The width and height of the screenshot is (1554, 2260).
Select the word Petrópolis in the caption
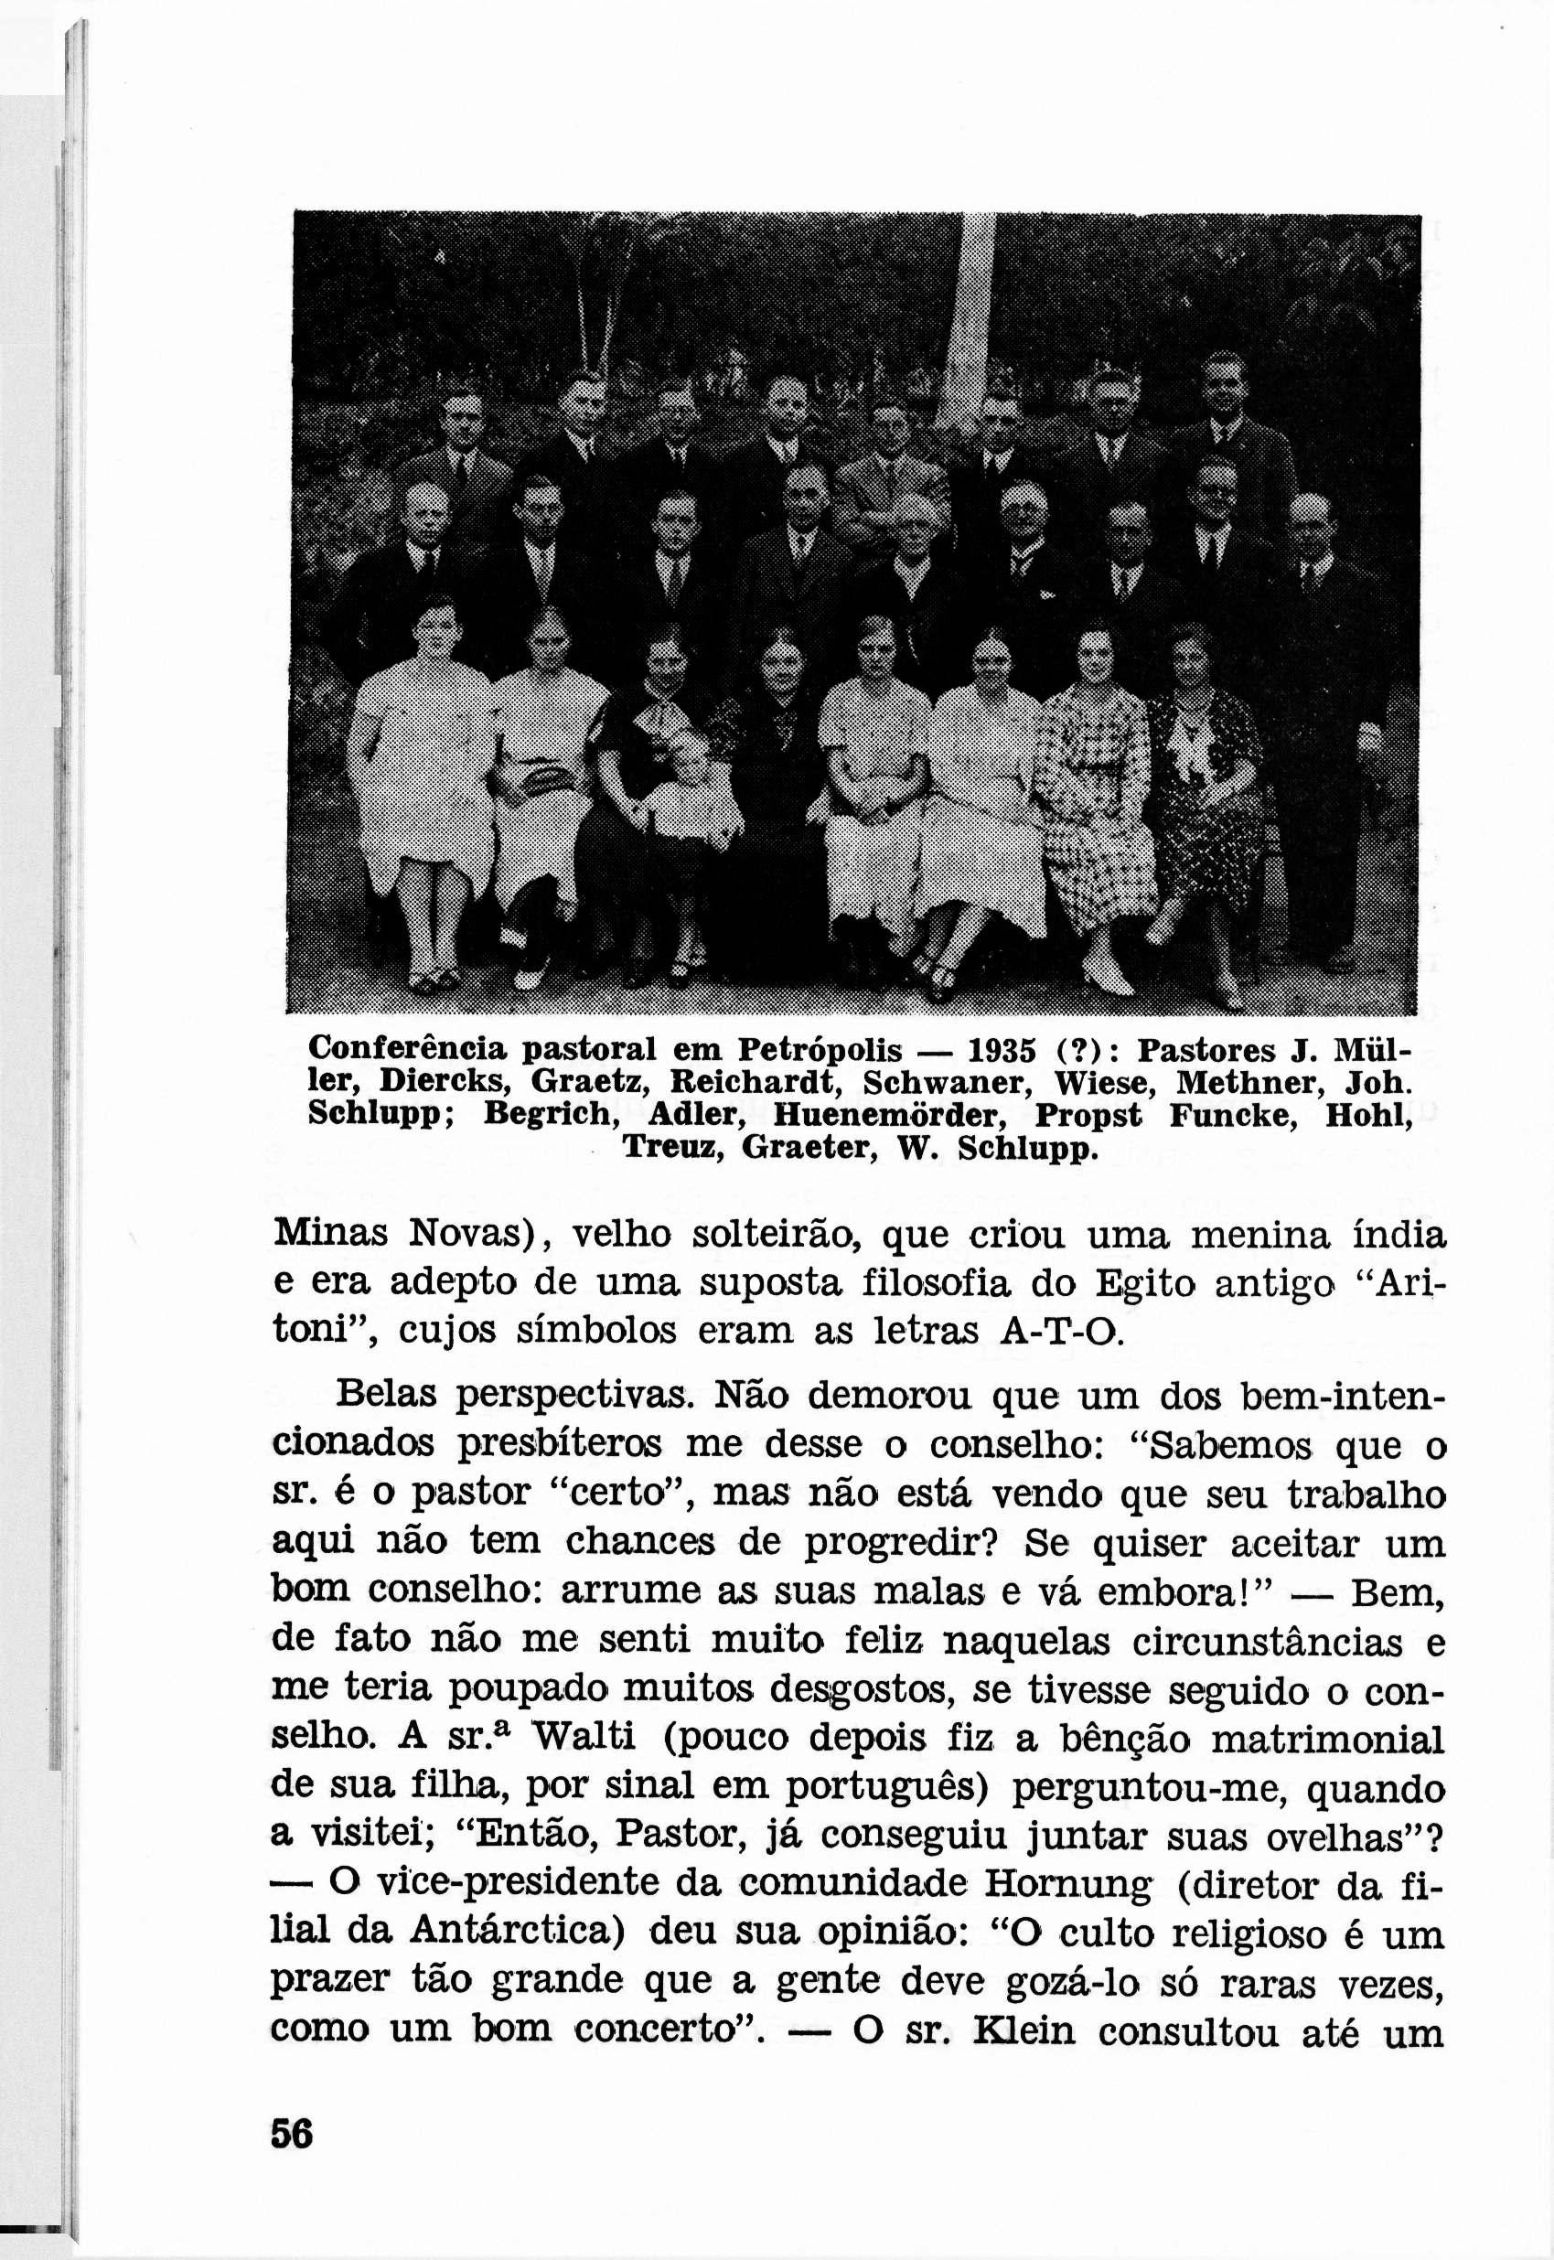click(x=820, y=1052)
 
